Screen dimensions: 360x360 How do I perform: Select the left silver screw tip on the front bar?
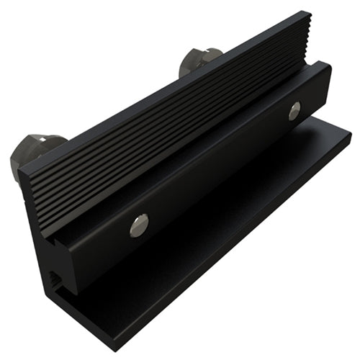[x=140, y=225]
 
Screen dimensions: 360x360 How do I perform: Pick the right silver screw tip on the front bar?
[x=294, y=110]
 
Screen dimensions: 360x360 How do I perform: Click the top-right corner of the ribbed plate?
[x=309, y=12]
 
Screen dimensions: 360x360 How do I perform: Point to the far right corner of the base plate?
[x=351, y=132]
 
